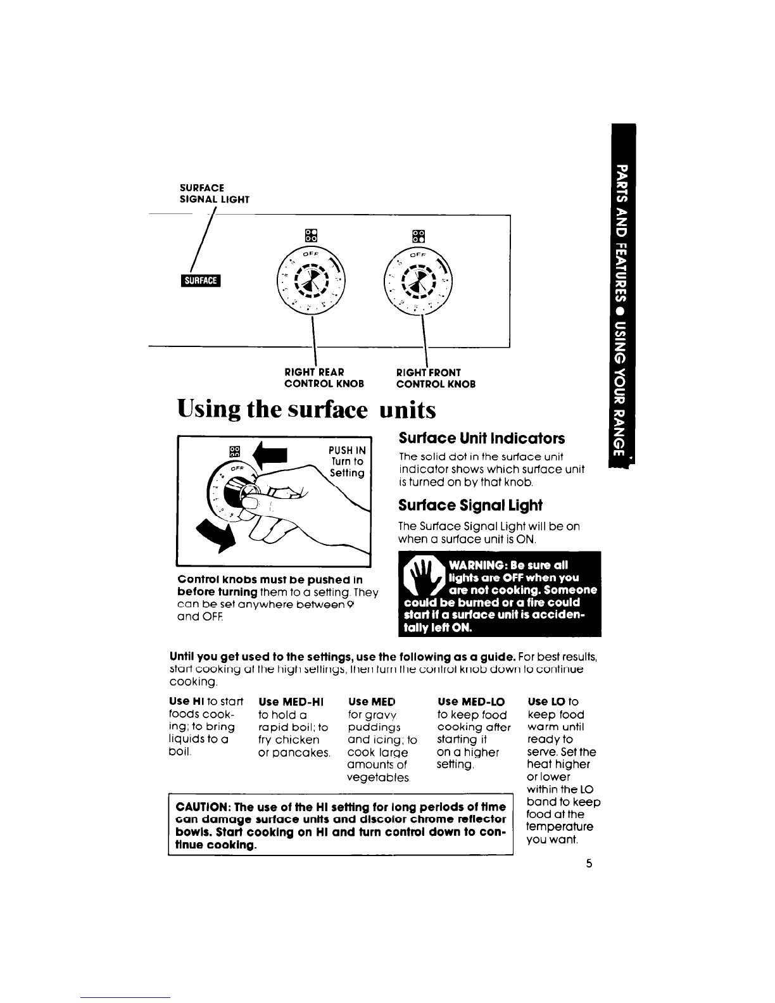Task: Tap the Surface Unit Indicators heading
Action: pos(481,438)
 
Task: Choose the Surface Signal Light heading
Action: pos(470,505)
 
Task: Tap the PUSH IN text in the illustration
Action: pos(346,450)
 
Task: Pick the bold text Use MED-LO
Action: pos(471,702)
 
